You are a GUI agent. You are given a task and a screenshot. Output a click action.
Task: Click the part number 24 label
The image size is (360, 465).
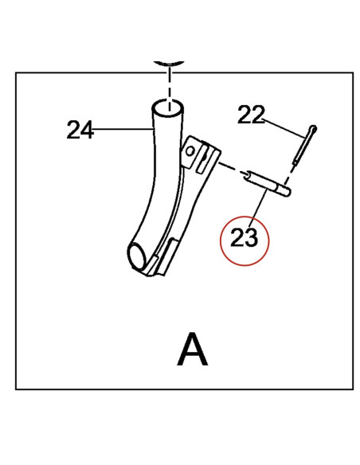pos(80,130)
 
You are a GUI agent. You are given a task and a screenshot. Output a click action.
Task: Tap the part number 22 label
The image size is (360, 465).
pos(251,115)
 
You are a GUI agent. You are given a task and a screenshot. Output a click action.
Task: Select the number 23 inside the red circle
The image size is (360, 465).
pos(244,237)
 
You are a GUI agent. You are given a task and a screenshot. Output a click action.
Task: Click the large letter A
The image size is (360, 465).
pos(193,349)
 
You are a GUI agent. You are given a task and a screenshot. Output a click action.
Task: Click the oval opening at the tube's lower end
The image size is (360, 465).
pos(137,256)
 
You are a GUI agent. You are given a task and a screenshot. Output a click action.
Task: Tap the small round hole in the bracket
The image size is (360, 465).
pos(190,151)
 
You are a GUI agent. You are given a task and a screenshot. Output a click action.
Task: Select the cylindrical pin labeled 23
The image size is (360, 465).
pos(266,183)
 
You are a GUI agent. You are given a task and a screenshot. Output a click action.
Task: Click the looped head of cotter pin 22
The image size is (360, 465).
pos(313,129)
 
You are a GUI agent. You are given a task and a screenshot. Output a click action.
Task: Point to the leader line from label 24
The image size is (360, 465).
pos(123,129)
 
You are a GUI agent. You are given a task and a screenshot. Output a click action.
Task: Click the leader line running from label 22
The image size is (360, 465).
pos(284,128)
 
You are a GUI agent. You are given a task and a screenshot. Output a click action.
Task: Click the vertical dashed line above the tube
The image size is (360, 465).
pos(169,88)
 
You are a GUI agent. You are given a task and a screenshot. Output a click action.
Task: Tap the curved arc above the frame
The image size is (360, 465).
pos(169,64)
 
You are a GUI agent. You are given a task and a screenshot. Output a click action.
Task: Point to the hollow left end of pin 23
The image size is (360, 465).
pos(247,175)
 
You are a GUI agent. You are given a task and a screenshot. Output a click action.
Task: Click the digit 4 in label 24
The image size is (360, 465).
pos(88,130)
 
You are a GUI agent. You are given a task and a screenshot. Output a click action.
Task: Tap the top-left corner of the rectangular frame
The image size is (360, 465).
pos(16,72)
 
